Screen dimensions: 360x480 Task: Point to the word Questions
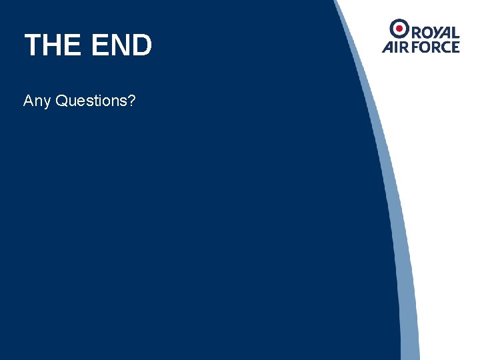click(93, 101)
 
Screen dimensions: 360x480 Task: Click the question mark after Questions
click(133, 101)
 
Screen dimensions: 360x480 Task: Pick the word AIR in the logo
click(396, 47)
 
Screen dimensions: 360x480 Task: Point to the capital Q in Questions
click(63, 101)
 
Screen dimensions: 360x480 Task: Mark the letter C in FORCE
click(445, 47)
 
